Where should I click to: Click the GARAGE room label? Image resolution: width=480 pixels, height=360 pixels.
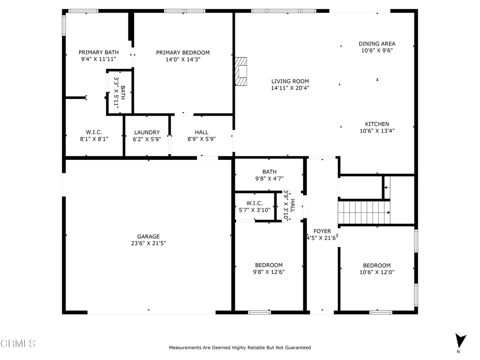click(x=149, y=236)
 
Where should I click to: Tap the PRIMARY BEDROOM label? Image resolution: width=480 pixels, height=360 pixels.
click(x=183, y=52)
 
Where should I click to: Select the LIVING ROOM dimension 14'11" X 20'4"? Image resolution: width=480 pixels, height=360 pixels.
click(x=290, y=88)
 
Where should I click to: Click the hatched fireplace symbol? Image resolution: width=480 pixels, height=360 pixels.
click(x=241, y=71)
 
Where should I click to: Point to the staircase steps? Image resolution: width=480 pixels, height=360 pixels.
click(x=364, y=212)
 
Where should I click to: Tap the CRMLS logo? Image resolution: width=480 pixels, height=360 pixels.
click(x=18, y=344)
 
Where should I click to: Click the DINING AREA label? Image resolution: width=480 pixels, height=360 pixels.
click(x=377, y=44)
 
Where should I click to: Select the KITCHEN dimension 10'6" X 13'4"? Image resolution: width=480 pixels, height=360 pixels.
click(x=377, y=131)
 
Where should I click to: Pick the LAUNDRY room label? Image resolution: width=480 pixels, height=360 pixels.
click(x=147, y=132)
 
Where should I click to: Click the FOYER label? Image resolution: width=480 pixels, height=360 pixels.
click(x=322, y=231)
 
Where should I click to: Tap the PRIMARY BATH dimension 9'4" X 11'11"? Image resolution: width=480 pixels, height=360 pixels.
click(x=98, y=59)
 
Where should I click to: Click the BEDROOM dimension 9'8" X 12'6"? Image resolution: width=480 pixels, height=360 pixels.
click(x=269, y=272)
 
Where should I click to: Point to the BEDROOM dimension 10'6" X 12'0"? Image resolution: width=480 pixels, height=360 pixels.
click(x=377, y=272)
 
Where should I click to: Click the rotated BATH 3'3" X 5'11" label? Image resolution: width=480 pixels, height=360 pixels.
click(x=120, y=92)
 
